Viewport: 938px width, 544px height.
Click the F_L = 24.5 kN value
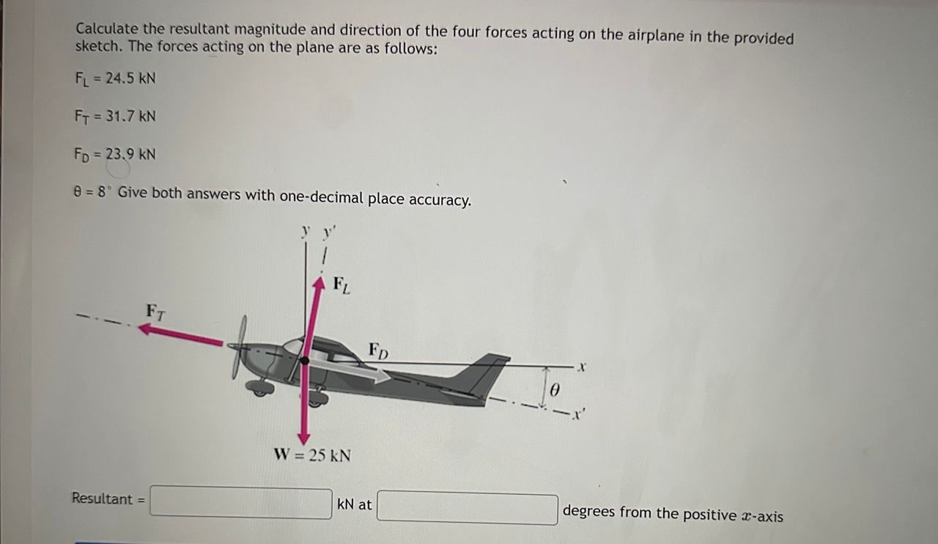click(116, 78)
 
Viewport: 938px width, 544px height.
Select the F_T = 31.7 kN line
click(116, 116)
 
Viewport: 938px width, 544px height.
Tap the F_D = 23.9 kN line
click(116, 154)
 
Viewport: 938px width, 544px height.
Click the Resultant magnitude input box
click(240, 503)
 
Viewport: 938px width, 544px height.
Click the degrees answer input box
click(467, 508)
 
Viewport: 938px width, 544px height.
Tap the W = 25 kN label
click(312, 455)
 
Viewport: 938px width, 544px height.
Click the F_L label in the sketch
click(341, 284)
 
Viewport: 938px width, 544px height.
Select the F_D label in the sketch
click(378, 350)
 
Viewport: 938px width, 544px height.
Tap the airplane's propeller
click(240, 348)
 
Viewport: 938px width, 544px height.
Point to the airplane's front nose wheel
click(258, 389)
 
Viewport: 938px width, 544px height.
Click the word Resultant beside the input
click(102, 499)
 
